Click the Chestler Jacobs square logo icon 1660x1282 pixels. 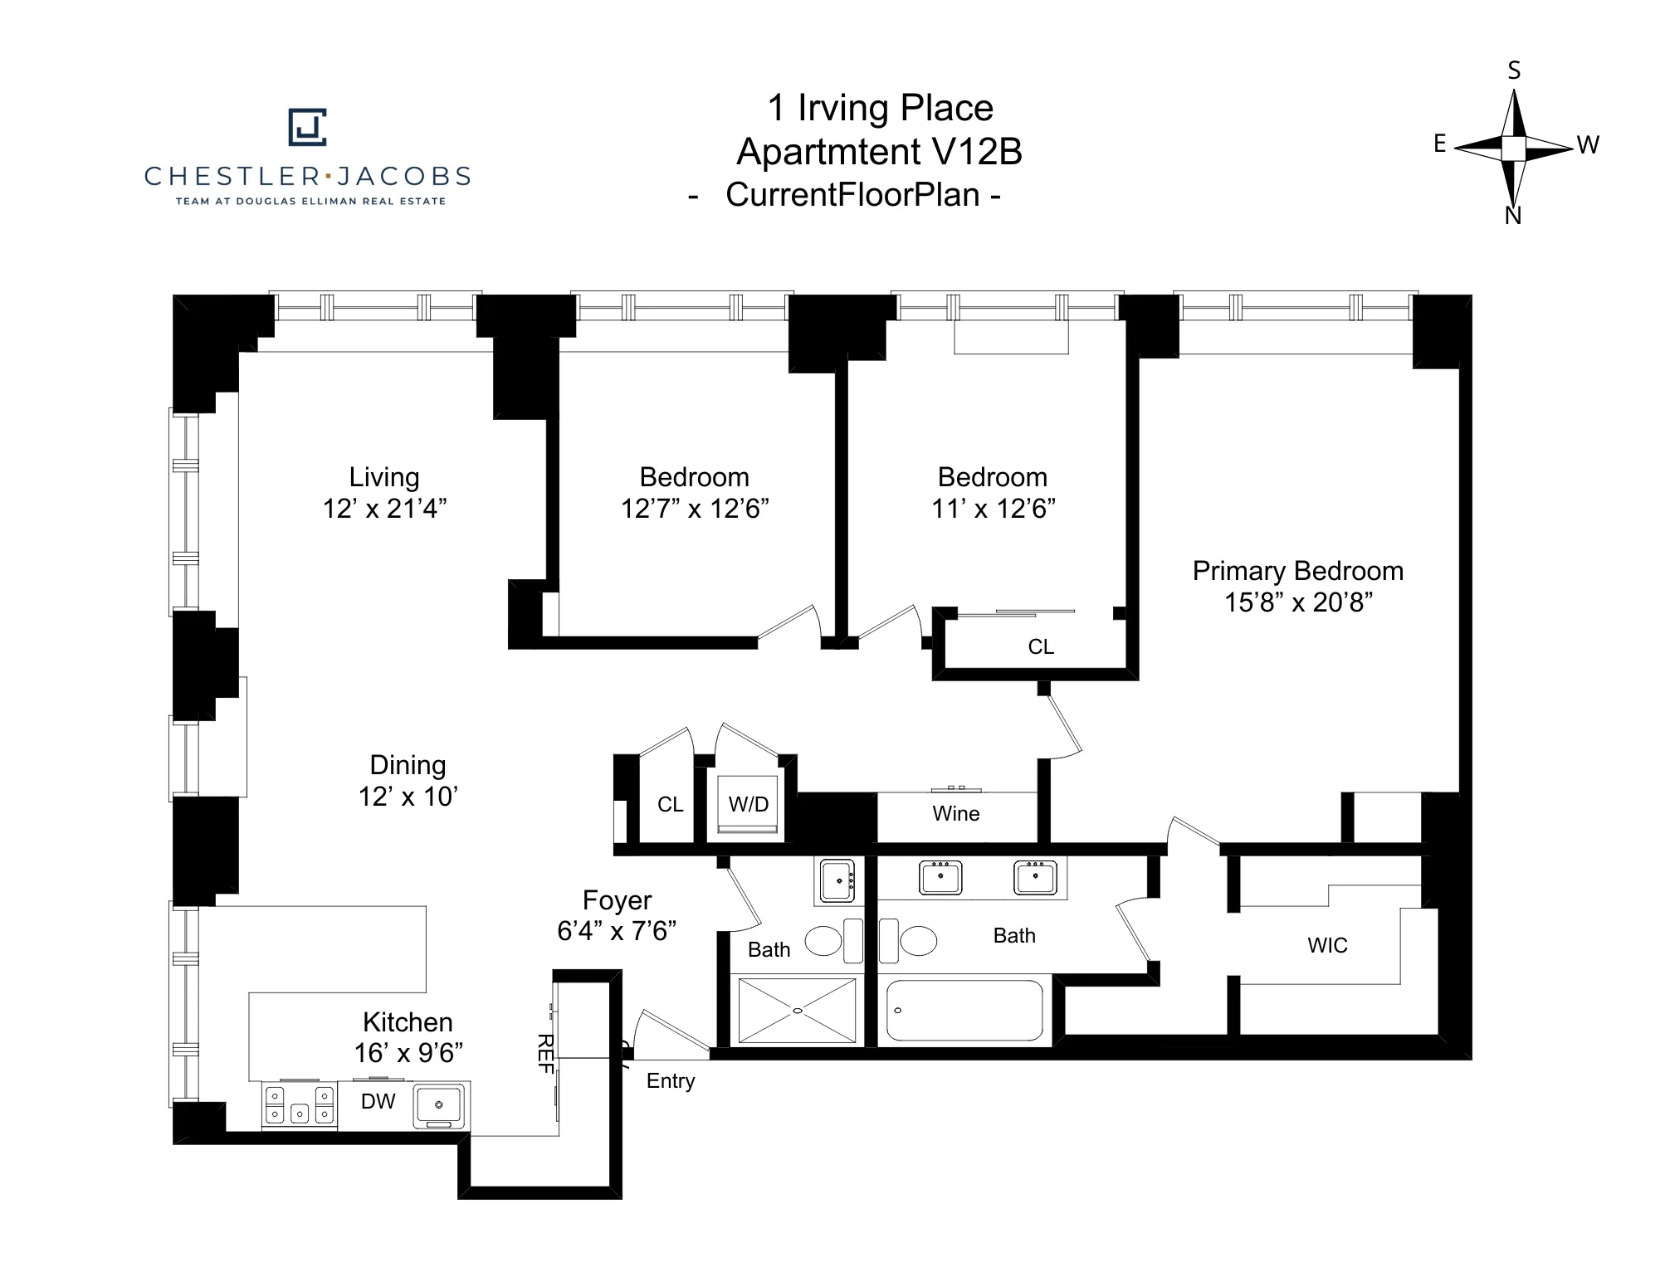coord(307,127)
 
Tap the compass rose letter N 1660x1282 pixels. coord(1512,216)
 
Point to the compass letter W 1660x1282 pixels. coord(1588,145)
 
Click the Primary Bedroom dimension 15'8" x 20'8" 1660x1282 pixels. coord(1298,602)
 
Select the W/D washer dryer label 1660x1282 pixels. coord(748,804)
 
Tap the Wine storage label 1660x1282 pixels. coord(955,814)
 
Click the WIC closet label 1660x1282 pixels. coord(1326,945)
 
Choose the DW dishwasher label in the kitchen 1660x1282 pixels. coord(378,1101)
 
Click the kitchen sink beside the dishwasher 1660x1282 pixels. coord(439,1104)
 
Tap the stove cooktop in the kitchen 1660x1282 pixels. coord(300,1104)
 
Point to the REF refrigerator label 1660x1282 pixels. coord(545,1054)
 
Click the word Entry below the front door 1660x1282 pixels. coord(670,1081)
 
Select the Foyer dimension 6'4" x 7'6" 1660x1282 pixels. coord(617,931)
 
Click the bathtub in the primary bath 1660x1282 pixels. coord(964,1011)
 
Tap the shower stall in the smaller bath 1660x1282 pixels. coord(797,1011)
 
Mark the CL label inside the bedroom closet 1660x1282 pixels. coord(1040,647)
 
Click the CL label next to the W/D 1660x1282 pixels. coord(670,805)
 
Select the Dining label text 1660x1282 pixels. coord(408,765)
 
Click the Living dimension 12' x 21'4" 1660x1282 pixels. coord(384,509)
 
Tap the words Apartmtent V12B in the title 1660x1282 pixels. coord(879,152)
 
